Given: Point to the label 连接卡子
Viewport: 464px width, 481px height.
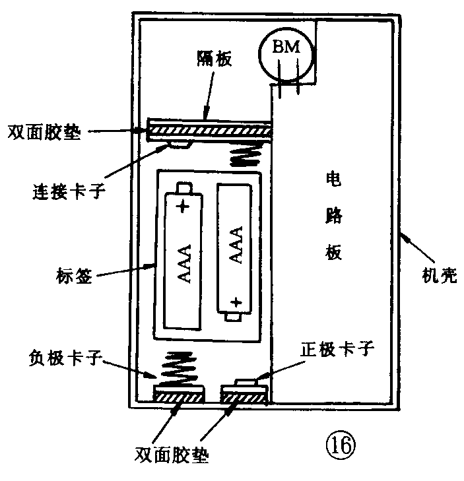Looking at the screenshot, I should [69, 195].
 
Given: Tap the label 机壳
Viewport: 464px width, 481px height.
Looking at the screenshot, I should [438, 275].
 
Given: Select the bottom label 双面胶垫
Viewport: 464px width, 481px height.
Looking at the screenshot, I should [176, 455].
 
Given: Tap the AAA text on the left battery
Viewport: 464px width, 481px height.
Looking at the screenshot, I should [184, 263].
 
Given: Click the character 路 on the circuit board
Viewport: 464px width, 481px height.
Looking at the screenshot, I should [333, 216].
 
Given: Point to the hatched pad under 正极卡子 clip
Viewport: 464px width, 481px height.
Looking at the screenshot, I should [244, 396].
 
